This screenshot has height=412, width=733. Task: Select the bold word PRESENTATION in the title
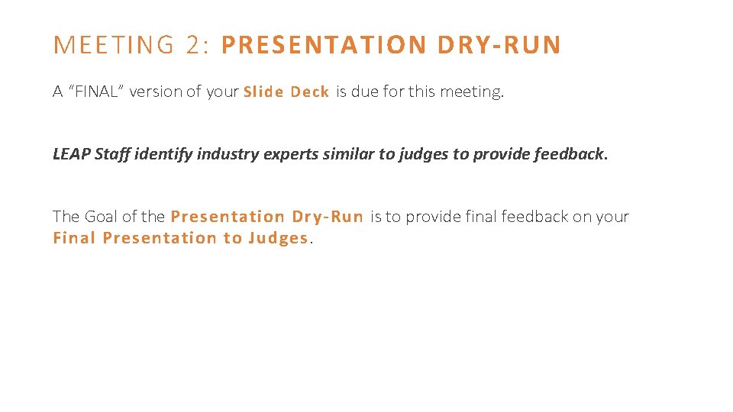325,46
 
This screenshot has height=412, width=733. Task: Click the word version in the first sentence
157,92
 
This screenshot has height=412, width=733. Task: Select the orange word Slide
263,92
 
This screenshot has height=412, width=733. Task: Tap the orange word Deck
309,92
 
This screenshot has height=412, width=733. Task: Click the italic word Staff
111,154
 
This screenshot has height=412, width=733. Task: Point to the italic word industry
228,154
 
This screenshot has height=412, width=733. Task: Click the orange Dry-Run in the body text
328,217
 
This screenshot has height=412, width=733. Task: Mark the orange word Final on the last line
74,238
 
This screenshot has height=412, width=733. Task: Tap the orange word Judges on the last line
277,238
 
